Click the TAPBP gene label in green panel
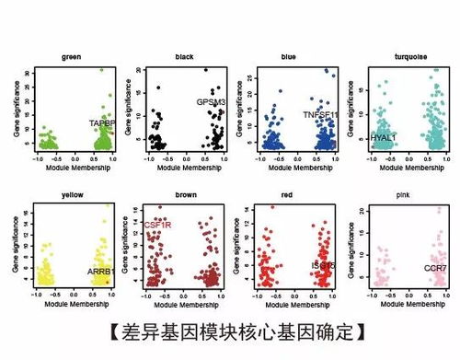coord(100,122)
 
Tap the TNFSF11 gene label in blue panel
coord(321,115)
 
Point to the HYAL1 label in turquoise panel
coord(383,137)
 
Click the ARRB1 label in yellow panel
coord(99,272)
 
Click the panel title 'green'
coord(73,57)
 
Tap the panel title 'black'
coord(184,57)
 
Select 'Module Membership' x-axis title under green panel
coord(73,170)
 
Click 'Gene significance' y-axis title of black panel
coord(126,111)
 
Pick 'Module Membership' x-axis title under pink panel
coord(406,305)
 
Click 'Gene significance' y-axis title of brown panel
coord(126,247)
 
